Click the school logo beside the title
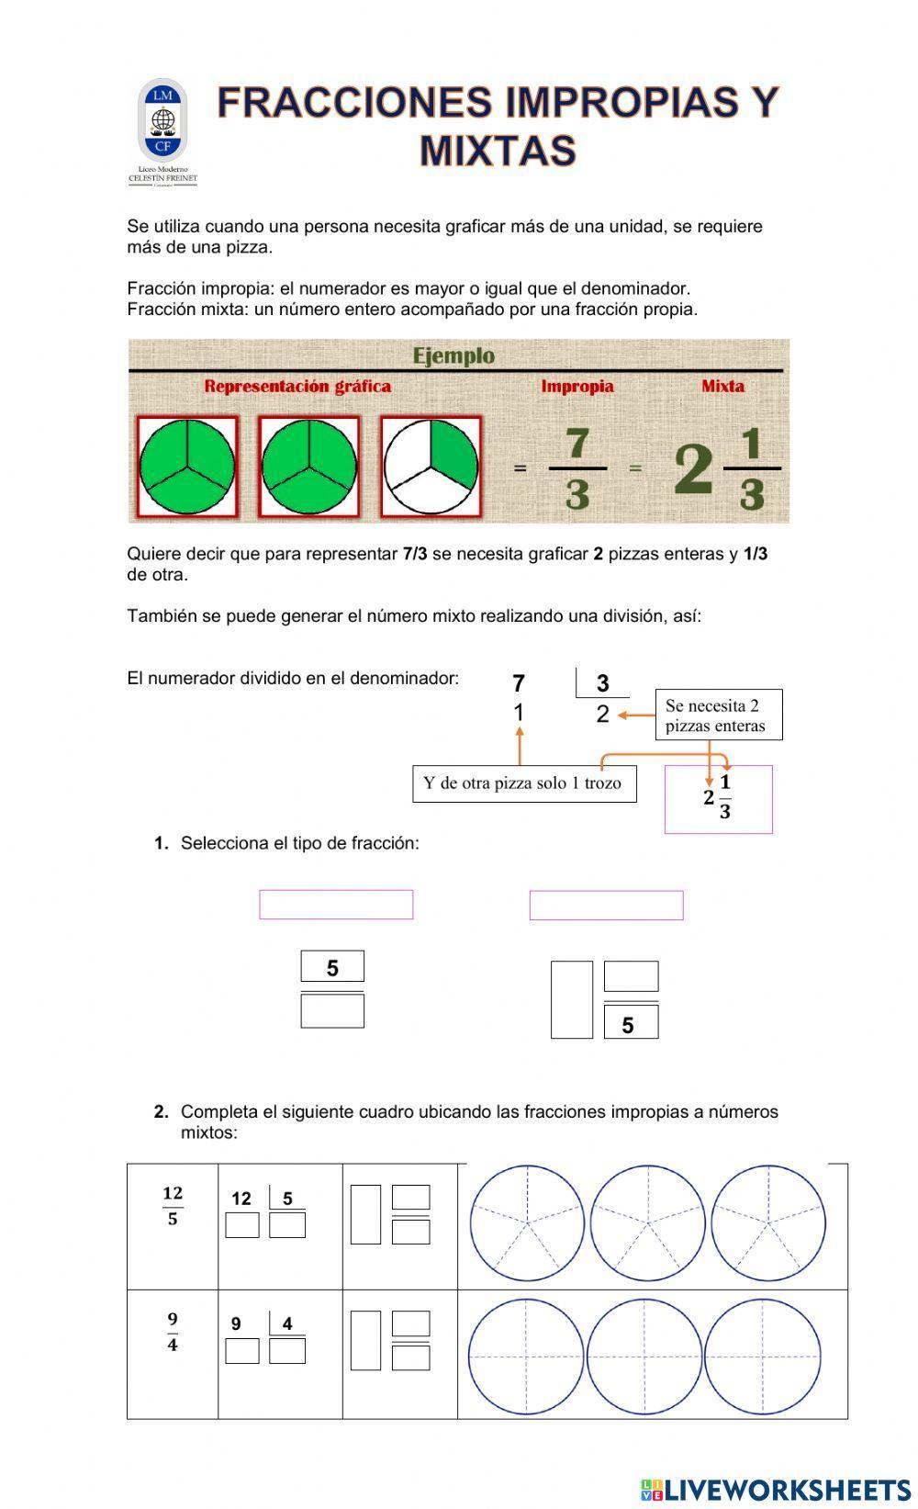tap(162, 130)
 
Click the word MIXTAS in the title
tap(498, 152)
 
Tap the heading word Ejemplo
tap(453, 355)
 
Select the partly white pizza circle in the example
tap(431, 466)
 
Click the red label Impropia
tap(577, 387)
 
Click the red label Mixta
tap(722, 387)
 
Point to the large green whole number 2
tap(693, 469)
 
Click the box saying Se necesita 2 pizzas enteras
tap(718, 715)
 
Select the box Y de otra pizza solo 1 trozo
tap(523, 783)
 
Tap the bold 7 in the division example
tap(519, 683)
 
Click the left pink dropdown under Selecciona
tap(336, 905)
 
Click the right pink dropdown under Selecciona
tap(606, 905)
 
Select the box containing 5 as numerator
tap(332, 967)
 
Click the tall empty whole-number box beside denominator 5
tap(571, 1000)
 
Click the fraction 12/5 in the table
tap(173, 1206)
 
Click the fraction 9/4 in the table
tap(173, 1332)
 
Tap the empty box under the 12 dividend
tap(242, 1225)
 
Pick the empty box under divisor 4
tap(287, 1351)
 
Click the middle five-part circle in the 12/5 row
tap(648, 1223)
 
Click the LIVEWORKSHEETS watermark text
tap(787, 1490)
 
